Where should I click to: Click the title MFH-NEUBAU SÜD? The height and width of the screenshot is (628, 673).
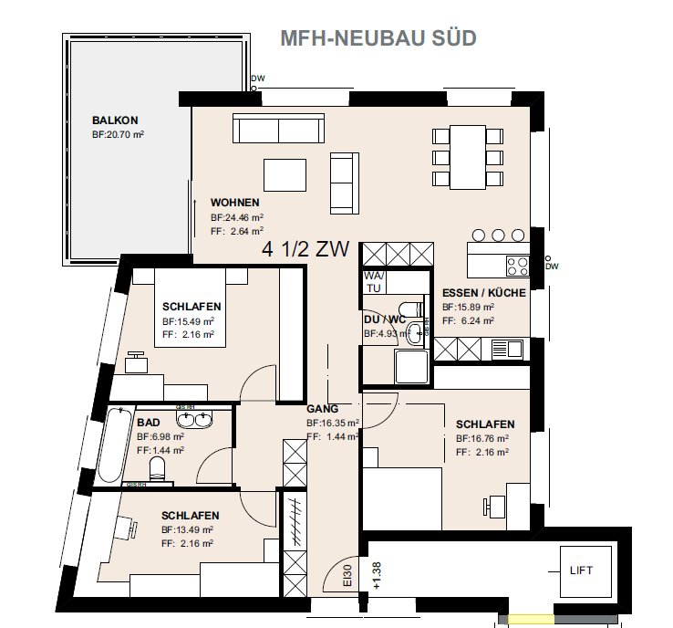pyautogui.click(x=378, y=38)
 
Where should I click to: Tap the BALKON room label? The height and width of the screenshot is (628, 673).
pyautogui.click(x=115, y=120)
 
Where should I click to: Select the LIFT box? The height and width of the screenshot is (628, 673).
pyautogui.click(x=585, y=571)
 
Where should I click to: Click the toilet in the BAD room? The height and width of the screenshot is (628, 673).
pyautogui.click(x=157, y=469)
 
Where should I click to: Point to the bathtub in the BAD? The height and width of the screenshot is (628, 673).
pyautogui.click(x=115, y=445)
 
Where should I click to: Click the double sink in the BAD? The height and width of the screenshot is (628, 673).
pyautogui.click(x=194, y=419)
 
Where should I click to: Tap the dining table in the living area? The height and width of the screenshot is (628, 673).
pyautogui.click(x=468, y=157)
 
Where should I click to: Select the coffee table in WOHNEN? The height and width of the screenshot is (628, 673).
pyautogui.click(x=285, y=175)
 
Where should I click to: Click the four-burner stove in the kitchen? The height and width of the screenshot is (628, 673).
pyautogui.click(x=517, y=266)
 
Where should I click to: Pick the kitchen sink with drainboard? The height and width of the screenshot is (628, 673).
pyautogui.click(x=507, y=349)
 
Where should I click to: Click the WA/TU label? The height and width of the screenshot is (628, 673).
pyautogui.click(x=374, y=282)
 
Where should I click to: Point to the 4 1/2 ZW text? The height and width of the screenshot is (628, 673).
pyautogui.click(x=305, y=248)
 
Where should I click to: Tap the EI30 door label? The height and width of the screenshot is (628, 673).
pyautogui.click(x=347, y=575)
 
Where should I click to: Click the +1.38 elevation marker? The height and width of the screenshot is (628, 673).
pyautogui.click(x=377, y=576)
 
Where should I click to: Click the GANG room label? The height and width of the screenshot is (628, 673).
pyautogui.click(x=322, y=409)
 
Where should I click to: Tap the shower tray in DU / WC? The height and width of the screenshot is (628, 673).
pyautogui.click(x=411, y=366)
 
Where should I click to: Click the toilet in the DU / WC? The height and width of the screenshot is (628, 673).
pyautogui.click(x=410, y=309)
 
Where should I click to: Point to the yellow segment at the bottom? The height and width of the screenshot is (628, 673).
pyautogui.click(x=531, y=619)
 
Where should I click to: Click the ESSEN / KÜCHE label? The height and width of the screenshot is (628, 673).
pyautogui.click(x=483, y=293)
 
